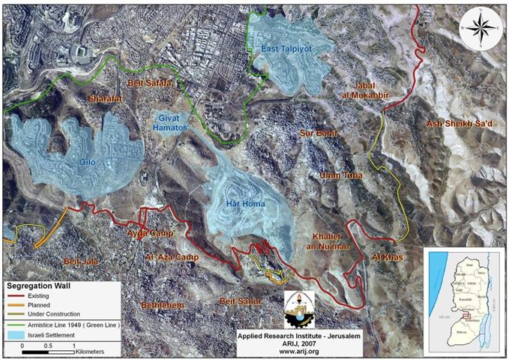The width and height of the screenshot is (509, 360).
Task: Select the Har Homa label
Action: [243, 202]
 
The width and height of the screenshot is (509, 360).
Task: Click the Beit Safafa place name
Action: [149, 83]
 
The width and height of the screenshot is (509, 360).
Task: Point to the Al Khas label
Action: [388, 257]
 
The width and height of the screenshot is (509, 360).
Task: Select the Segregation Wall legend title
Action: [41, 286]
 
